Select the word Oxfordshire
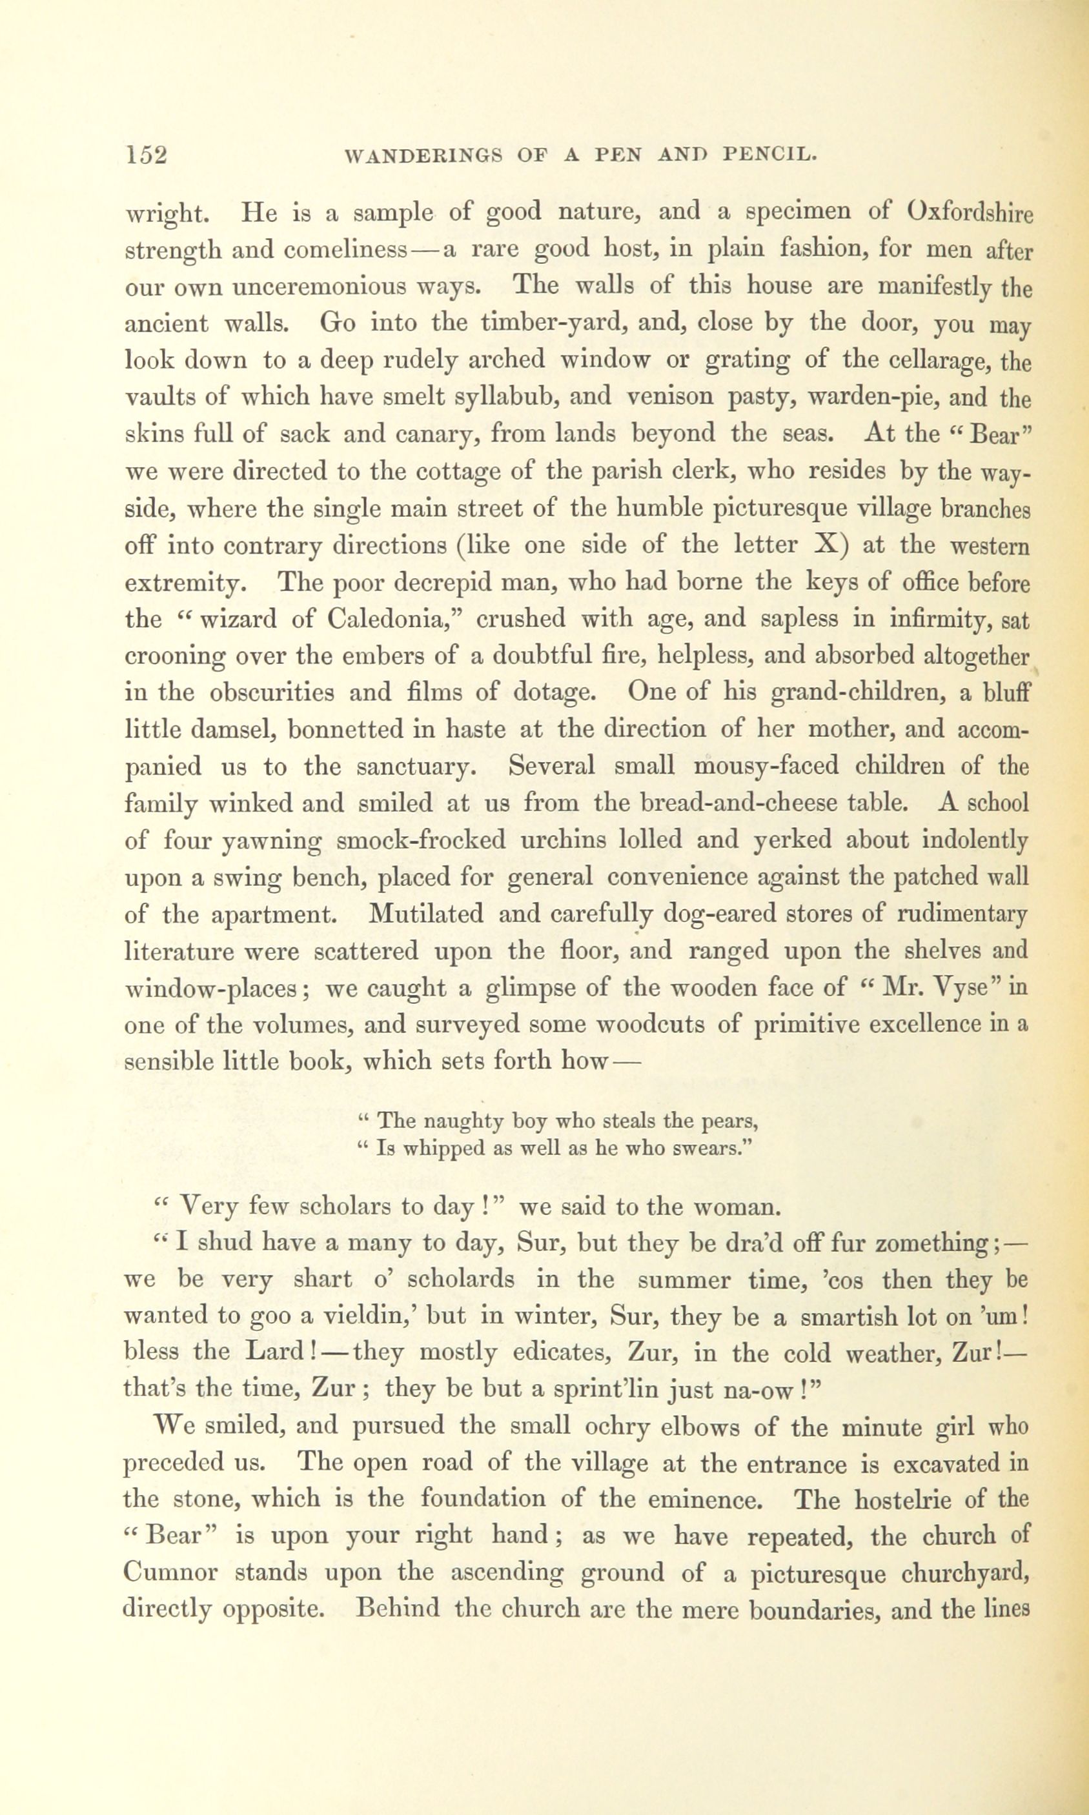pos(970,214)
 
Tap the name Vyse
pos(952,988)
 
